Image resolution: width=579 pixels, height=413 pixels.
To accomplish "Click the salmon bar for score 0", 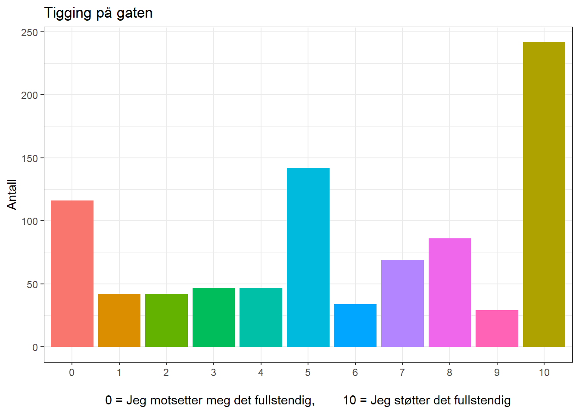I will point(72,274).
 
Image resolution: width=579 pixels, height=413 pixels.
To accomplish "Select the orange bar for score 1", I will point(119,320).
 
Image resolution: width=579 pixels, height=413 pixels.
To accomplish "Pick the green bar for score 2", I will point(166,320).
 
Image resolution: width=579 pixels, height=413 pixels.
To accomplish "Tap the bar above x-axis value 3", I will point(214,317).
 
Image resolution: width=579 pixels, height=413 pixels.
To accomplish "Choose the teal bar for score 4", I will point(261,317).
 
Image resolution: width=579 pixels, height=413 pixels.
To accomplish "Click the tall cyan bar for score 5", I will point(308,257).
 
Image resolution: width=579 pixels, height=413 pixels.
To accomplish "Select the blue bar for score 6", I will point(355,325).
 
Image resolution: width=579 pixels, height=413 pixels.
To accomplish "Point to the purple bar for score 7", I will point(402,303).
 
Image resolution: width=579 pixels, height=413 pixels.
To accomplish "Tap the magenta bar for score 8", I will point(450,293).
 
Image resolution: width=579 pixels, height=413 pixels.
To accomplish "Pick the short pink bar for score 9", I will point(497,328).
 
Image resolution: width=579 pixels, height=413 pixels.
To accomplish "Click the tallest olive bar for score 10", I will point(544,194).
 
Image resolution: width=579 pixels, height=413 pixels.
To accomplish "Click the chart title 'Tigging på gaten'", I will point(98,13).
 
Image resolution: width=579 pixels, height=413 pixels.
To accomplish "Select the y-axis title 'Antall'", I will point(12,194).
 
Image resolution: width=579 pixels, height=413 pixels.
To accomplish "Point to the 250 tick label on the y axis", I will point(30,32).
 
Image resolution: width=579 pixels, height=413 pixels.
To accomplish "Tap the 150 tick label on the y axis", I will point(30,158).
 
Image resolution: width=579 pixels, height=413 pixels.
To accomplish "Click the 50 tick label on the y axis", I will point(32,284).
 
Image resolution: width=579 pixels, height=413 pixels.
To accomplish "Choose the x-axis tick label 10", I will point(544,373).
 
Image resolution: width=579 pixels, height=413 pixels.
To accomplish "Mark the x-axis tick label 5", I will point(308,373).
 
